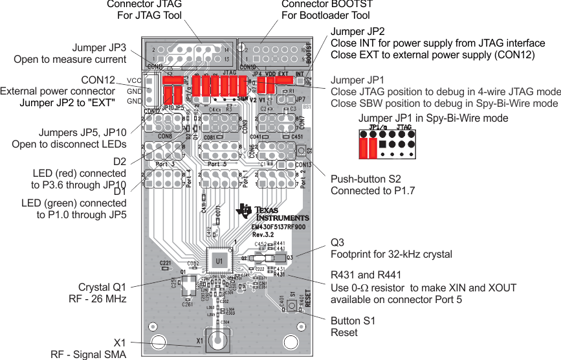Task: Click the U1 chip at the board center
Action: coord(219,260)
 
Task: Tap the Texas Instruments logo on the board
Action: coord(272,213)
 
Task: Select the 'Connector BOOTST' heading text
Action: coord(327,5)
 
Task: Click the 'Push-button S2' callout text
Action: coord(366,179)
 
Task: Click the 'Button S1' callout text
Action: coord(353,321)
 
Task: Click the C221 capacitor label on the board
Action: coord(166,263)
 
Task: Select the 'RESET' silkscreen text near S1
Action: coord(308,299)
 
